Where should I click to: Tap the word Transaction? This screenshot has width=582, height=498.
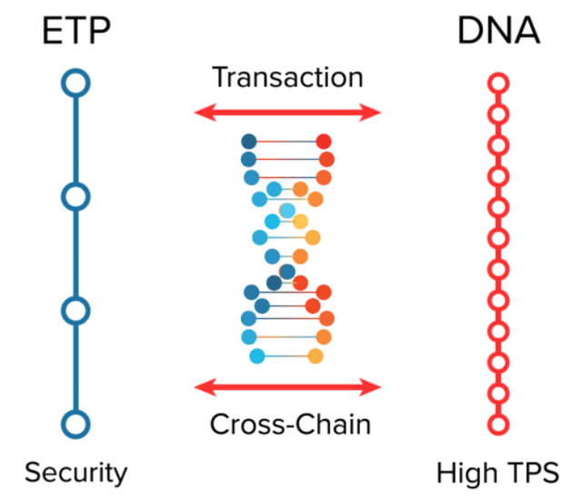(x=287, y=77)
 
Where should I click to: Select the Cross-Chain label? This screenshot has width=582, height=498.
(x=290, y=424)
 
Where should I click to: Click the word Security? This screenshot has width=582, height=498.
(x=76, y=473)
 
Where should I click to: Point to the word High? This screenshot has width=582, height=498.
(x=466, y=473)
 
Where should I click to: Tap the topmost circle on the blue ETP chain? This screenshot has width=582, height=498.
(x=76, y=84)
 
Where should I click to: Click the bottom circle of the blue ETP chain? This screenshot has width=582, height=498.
(x=76, y=423)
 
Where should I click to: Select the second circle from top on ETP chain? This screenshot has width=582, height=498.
(x=76, y=195)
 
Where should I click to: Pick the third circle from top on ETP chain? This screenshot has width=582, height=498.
(x=76, y=310)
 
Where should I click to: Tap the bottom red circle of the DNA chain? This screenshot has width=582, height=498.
(x=497, y=423)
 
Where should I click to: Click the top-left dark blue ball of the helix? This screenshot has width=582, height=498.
(x=249, y=142)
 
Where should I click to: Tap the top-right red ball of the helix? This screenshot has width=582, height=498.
(x=323, y=142)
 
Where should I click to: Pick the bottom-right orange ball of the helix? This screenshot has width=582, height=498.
(x=316, y=355)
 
